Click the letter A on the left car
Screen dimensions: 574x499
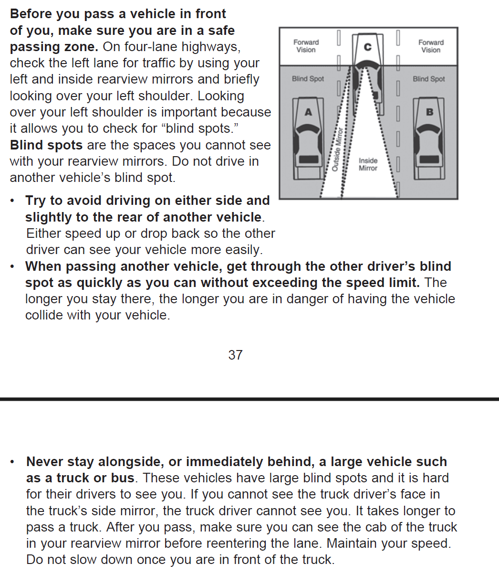point(308,112)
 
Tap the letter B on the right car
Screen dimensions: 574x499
point(429,112)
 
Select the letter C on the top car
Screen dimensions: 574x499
point(367,47)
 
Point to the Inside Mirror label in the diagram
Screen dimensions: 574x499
point(368,164)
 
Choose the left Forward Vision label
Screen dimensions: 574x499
point(306,46)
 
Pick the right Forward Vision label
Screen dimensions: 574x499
point(431,46)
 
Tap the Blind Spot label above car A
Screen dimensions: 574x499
point(308,79)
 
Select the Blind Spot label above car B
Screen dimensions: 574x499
point(428,79)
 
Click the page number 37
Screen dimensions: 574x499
point(235,355)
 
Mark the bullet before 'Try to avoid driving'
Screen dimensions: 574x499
point(13,201)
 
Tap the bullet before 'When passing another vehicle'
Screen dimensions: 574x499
point(13,266)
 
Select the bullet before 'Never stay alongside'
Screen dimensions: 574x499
point(13,462)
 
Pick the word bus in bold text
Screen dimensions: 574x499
point(123,478)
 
